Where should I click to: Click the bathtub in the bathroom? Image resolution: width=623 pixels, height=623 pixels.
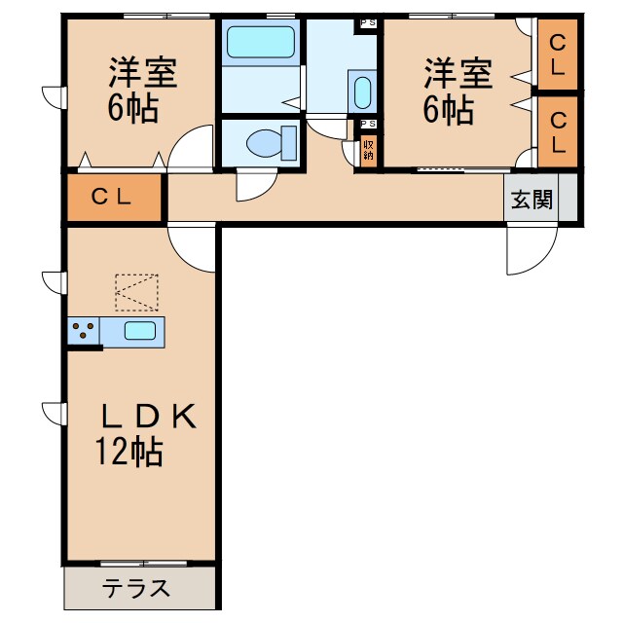[260, 43]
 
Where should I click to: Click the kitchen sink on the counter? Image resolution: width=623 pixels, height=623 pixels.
[140, 330]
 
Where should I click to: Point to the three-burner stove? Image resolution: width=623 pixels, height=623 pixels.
[85, 330]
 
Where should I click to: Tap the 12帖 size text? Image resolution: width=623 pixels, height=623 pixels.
[128, 452]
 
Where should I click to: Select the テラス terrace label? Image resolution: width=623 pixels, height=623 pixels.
[136, 588]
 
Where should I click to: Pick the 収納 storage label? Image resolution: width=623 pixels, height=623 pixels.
[368, 149]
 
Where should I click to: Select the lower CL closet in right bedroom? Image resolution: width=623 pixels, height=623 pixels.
[559, 131]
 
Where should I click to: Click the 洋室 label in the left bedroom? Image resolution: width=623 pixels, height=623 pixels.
[140, 73]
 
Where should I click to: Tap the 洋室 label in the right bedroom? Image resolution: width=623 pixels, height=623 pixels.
[457, 73]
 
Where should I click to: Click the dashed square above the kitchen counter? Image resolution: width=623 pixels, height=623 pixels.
[135, 292]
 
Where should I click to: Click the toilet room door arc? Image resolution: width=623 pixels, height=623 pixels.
[253, 185]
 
